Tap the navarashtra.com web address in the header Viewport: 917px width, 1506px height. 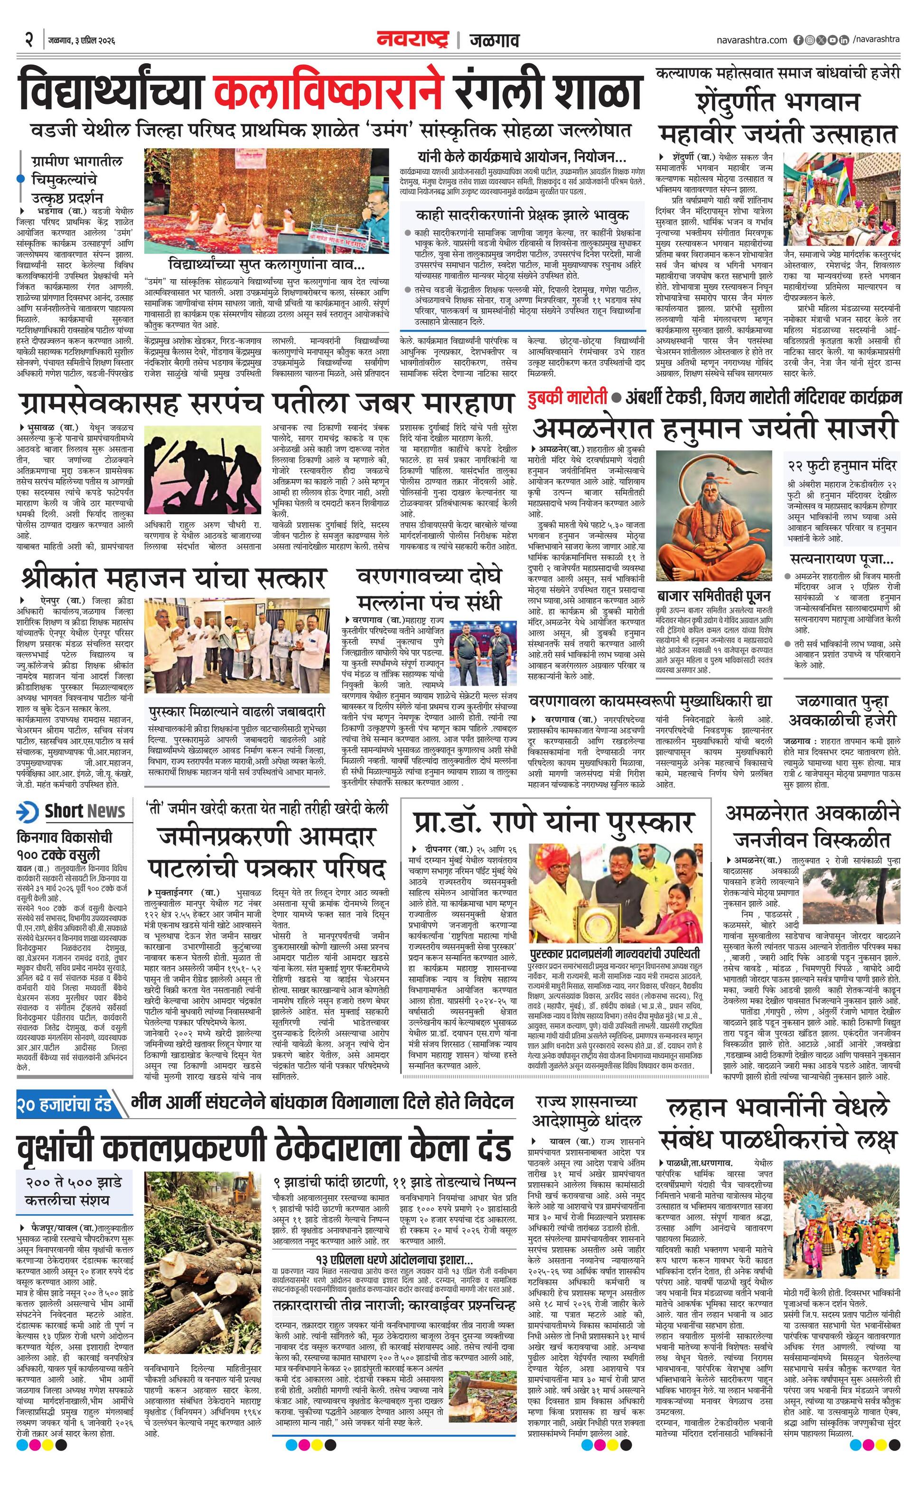point(751,40)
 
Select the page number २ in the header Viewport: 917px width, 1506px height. point(28,40)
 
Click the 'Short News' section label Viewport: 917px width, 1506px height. point(84,811)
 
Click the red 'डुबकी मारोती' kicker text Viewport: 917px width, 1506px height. point(568,397)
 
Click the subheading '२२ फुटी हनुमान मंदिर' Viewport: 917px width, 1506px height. point(842,465)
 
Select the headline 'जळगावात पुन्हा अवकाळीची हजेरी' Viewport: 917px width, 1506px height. point(842,709)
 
